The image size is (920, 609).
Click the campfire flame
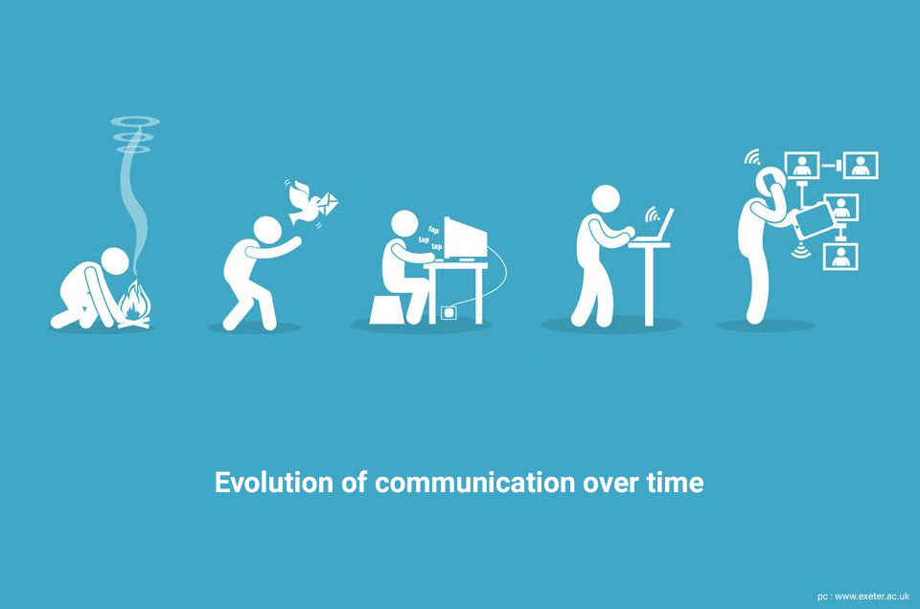(134, 301)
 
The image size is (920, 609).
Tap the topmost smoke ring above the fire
(135, 122)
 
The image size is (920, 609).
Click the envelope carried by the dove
(326, 203)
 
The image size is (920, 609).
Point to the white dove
(305, 202)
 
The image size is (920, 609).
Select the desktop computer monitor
(466, 238)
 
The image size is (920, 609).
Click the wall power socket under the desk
(448, 313)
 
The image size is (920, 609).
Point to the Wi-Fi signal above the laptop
(652, 215)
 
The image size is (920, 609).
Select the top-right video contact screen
(861, 166)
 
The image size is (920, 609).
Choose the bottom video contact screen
(840, 256)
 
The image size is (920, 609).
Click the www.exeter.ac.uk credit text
(872, 597)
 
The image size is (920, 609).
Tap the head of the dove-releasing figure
(267, 231)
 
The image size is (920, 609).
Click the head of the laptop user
(606, 200)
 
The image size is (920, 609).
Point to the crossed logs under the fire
(135, 322)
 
